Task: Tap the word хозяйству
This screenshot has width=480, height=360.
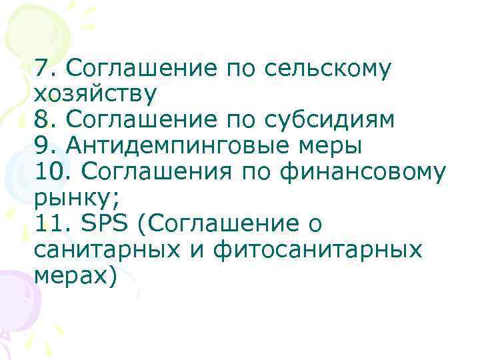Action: click(94, 93)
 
